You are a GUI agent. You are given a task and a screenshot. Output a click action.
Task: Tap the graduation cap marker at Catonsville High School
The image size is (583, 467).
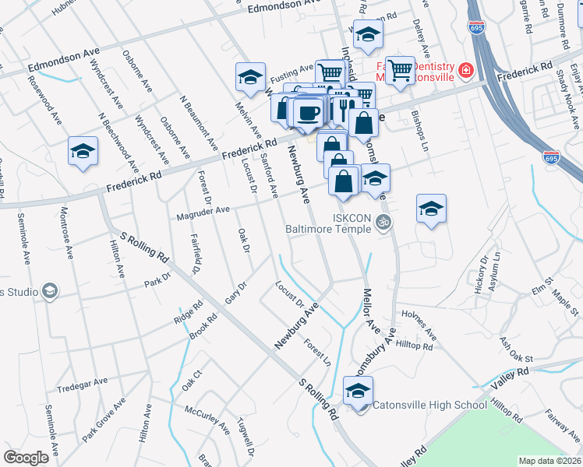359,391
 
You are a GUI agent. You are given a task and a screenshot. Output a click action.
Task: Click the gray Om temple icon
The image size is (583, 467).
383,223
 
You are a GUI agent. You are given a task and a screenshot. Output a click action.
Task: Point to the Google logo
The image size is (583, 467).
26,458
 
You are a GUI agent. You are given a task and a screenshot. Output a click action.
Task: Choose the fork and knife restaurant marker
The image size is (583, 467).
344,104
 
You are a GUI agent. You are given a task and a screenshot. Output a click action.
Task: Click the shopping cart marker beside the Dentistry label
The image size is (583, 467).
400,71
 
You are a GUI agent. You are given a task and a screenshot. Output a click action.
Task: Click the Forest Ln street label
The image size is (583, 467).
317,353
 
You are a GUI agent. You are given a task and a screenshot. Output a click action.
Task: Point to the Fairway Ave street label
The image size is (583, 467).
560,422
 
